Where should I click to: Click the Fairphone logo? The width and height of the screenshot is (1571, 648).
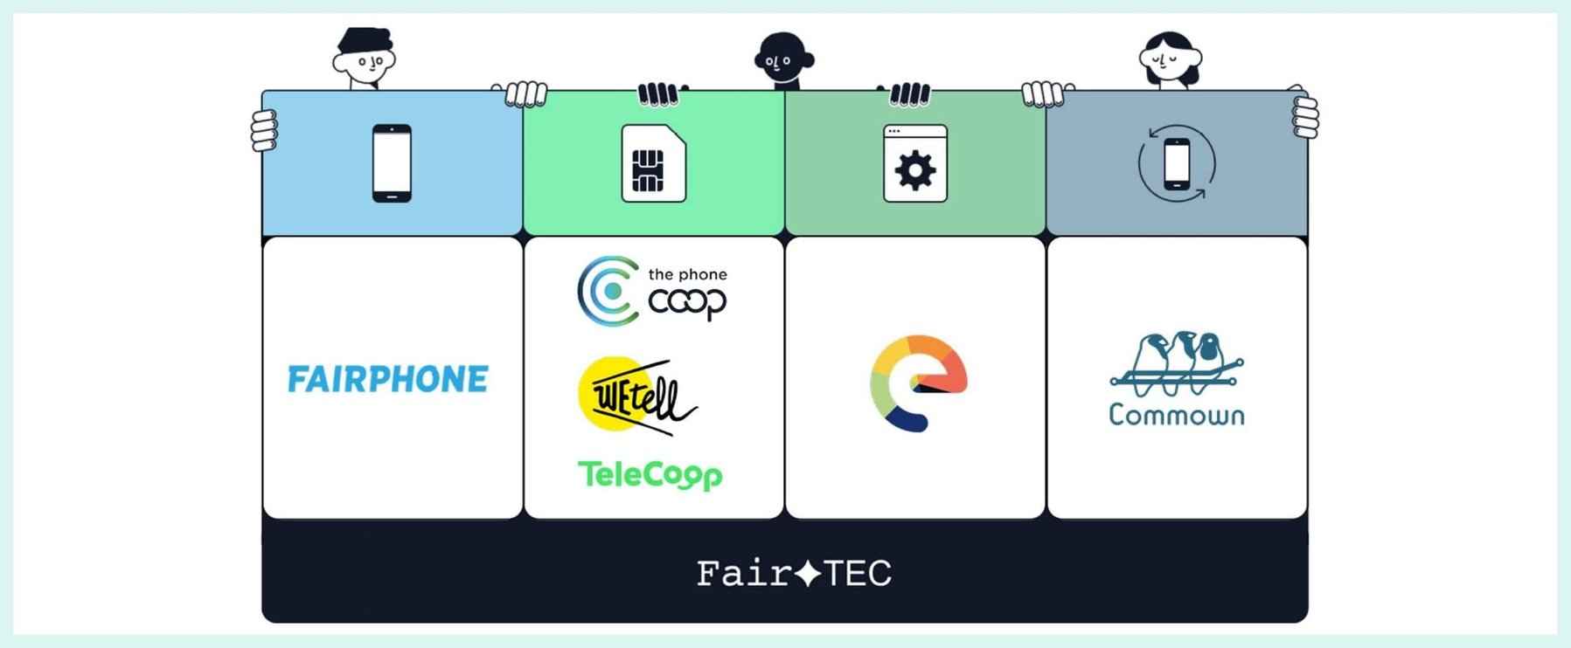point(388,379)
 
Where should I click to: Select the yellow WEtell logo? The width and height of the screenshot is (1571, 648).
point(636,396)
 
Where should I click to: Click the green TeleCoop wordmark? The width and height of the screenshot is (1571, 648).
point(650,475)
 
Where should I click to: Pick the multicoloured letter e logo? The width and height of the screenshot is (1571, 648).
point(917,383)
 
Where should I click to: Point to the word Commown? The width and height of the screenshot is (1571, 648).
point(1176,414)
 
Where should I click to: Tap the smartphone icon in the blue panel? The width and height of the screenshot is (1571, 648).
point(392,163)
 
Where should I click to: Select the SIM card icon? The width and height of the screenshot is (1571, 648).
point(653,163)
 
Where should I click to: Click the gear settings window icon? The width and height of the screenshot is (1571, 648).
point(915,163)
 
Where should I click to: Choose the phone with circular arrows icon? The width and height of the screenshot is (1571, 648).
point(1177,163)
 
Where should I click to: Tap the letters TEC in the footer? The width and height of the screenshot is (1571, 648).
point(857,574)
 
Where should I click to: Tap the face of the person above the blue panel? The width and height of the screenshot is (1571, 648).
point(365,61)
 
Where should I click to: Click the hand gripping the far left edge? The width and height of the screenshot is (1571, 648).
point(264,130)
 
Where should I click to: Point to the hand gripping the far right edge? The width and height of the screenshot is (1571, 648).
point(1305,116)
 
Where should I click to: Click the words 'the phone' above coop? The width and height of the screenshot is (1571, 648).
point(687,274)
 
